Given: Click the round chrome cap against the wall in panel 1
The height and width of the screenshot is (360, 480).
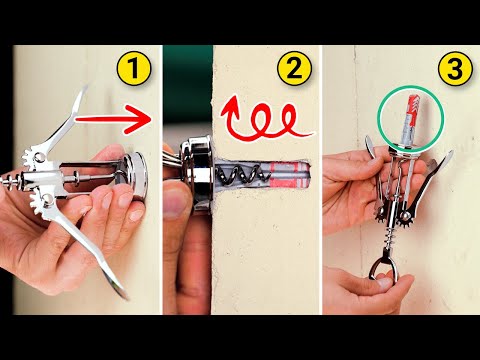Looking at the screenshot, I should click(x=134, y=175).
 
